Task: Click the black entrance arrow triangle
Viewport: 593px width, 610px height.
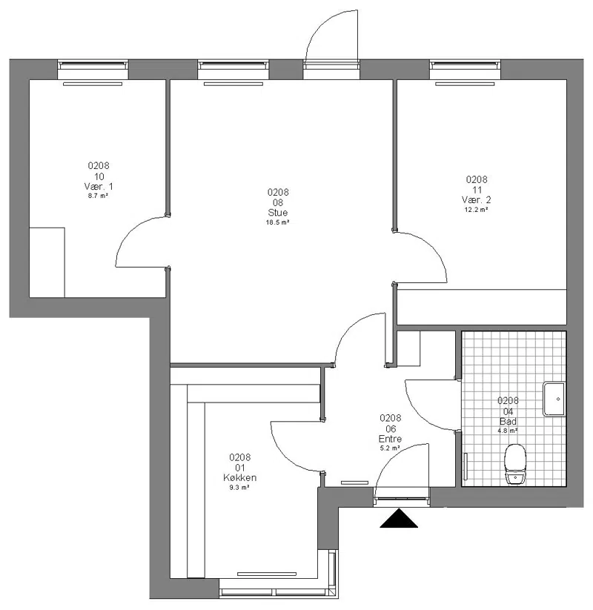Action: [x=399, y=520]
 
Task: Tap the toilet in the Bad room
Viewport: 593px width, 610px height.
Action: [x=514, y=464]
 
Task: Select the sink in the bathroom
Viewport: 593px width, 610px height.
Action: [x=554, y=399]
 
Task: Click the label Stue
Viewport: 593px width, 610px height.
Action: [x=278, y=213]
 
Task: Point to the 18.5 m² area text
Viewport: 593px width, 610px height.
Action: [x=277, y=222]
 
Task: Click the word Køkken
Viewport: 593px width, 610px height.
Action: [x=239, y=478]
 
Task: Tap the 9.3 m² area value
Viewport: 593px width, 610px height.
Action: [x=239, y=488]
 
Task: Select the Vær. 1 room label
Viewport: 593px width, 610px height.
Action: [x=99, y=186]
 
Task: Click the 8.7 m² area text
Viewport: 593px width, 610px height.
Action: [x=98, y=196]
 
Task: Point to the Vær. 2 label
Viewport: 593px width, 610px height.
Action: [x=477, y=200]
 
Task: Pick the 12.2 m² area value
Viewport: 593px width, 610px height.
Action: [x=477, y=210]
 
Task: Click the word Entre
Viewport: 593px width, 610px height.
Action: [x=390, y=439]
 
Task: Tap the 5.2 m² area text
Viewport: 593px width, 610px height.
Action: [x=390, y=448]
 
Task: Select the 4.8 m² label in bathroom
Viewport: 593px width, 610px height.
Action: [x=508, y=431]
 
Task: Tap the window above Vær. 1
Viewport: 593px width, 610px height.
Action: [x=93, y=65]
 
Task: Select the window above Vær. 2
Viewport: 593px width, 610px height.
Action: [x=465, y=65]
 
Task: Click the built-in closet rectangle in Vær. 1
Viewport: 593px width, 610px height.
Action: [x=47, y=262]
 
